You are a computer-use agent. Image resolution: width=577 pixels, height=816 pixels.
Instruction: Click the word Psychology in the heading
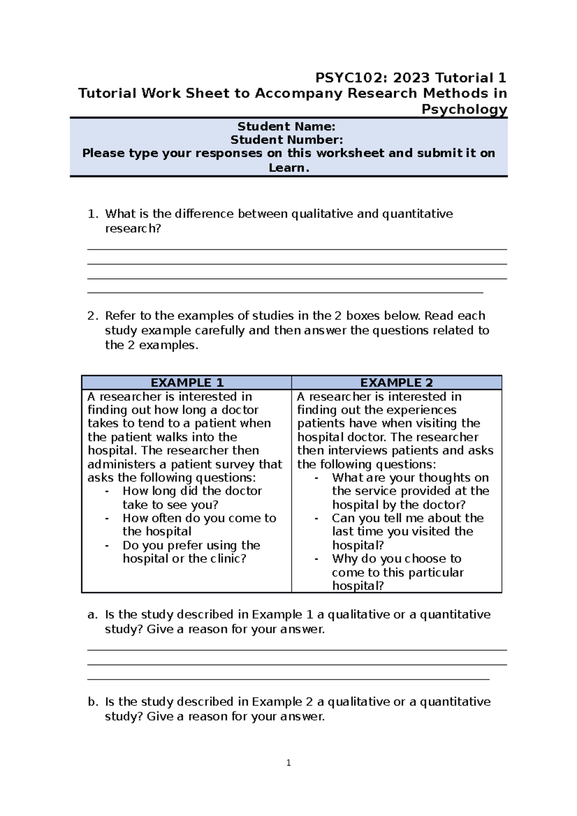click(x=464, y=109)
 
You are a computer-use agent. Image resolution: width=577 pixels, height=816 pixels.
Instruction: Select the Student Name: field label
click(x=286, y=126)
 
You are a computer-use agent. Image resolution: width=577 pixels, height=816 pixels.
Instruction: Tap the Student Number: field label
click(x=287, y=140)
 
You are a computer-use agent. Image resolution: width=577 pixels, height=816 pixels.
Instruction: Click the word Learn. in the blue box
click(x=288, y=168)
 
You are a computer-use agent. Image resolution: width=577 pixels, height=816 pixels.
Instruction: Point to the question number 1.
click(x=92, y=214)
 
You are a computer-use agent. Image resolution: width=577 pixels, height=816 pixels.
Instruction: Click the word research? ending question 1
click(x=133, y=228)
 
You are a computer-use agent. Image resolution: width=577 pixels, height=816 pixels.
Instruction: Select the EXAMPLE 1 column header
click(x=187, y=383)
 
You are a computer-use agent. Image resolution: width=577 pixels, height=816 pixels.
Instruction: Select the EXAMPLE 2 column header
click(x=396, y=383)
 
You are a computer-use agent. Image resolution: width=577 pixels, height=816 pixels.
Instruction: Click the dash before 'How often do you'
click(x=107, y=518)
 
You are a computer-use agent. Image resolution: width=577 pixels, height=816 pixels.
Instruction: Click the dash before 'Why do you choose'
click(x=316, y=558)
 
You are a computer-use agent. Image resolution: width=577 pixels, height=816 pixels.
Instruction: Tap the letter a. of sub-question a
click(x=92, y=615)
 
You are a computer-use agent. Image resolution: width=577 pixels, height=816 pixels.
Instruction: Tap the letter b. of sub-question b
click(x=92, y=702)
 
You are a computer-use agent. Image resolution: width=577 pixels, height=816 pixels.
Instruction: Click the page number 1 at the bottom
click(x=288, y=763)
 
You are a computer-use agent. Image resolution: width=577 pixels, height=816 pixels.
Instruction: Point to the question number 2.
click(x=92, y=316)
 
